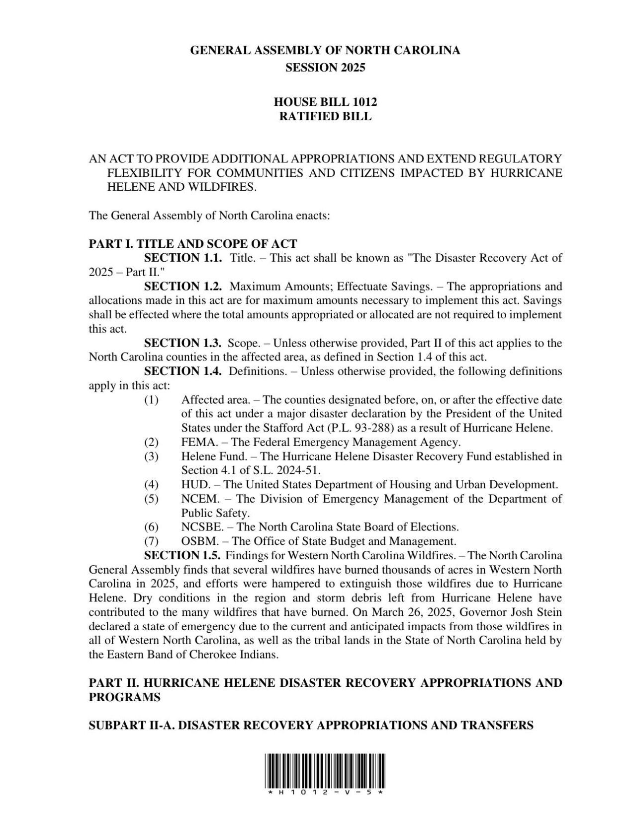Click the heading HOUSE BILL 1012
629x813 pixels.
[x=325, y=102]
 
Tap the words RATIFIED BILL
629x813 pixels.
[x=325, y=117]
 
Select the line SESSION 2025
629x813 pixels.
[x=325, y=68]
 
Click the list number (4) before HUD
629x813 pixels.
[x=151, y=485]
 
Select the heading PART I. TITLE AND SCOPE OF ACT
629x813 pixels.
[x=192, y=244]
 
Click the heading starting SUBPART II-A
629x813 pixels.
[x=311, y=726]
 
